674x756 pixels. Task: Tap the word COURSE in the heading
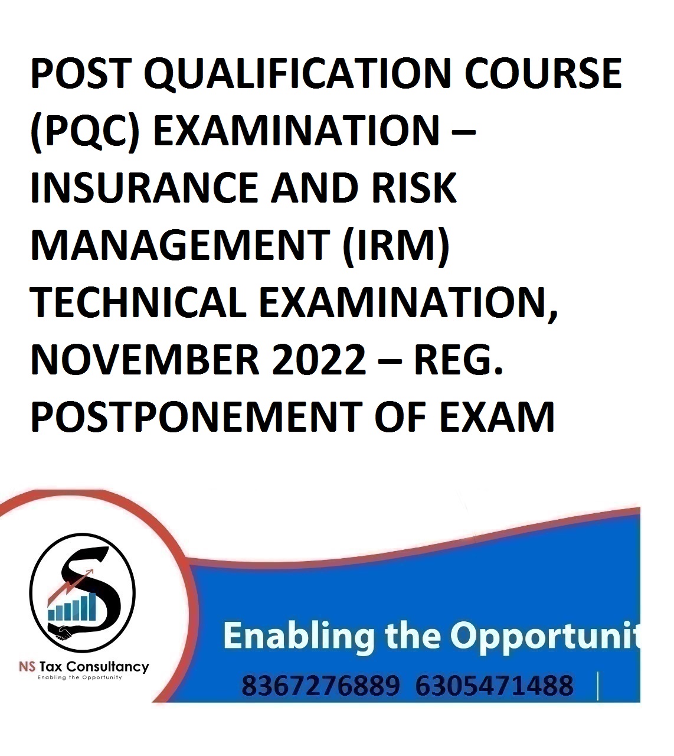[543, 73]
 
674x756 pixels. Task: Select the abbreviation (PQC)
[86, 132]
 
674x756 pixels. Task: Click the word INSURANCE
[145, 188]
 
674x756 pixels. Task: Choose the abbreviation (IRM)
[396, 246]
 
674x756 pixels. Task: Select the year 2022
[319, 360]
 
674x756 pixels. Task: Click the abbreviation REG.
[459, 360]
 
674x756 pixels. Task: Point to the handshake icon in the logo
[63, 632]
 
